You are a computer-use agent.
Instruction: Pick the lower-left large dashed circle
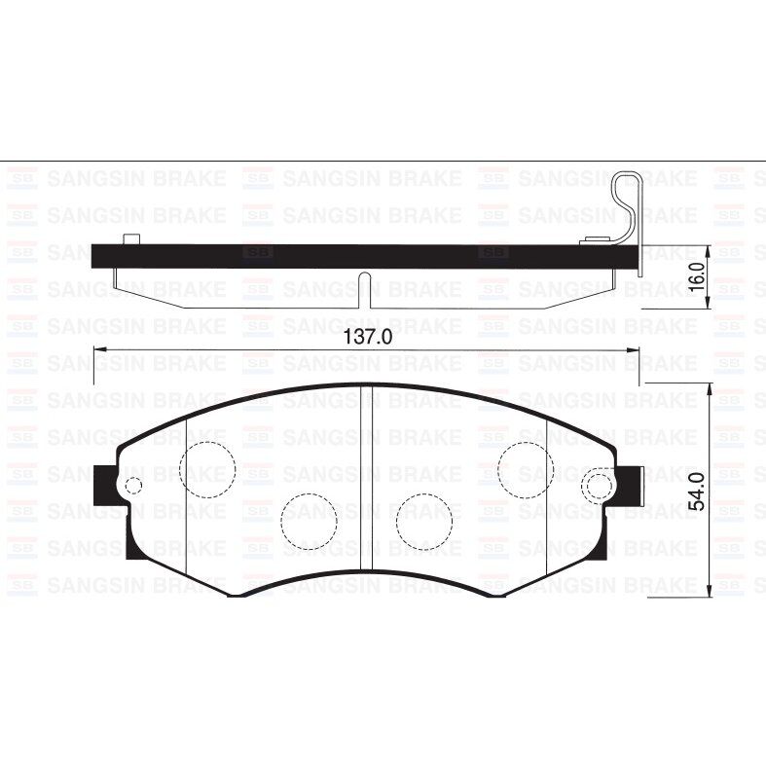(309, 520)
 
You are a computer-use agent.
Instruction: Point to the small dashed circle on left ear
(133, 486)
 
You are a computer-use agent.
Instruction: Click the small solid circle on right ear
(595, 486)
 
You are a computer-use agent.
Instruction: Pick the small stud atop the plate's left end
(131, 239)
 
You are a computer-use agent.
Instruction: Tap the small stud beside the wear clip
(592, 239)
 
